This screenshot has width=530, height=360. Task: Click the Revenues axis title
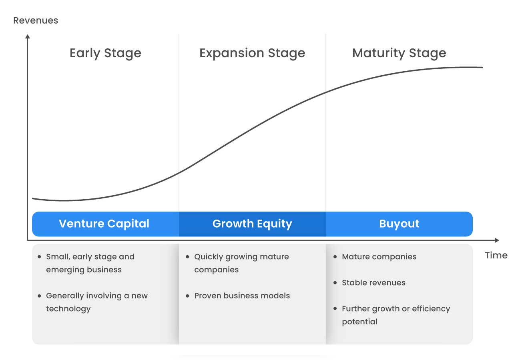click(36, 20)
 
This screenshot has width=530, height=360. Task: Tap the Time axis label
click(496, 255)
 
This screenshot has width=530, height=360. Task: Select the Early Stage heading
click(105, 53)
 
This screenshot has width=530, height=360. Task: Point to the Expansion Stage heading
click(252, 53)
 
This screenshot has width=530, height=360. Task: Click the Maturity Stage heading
click(399, 53)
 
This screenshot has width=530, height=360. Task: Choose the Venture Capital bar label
click(104, 224)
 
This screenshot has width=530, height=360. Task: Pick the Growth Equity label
click(252, 224)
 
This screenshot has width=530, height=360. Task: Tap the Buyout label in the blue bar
click(399, 224)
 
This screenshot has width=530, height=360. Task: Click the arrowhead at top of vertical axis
click(28, 36)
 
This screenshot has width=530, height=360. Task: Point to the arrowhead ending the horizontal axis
click(497, 240)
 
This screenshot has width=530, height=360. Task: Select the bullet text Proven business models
click(242, 296)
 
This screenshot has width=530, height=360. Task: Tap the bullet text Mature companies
click(379, 257)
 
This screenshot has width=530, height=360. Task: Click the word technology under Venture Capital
click(68, 309)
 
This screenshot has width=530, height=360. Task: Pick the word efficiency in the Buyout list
click(431, 309)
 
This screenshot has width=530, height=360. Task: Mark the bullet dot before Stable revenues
click(335, 282)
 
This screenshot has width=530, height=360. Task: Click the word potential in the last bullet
click(359, 322)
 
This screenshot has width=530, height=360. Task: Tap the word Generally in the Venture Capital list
click(64, 296)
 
